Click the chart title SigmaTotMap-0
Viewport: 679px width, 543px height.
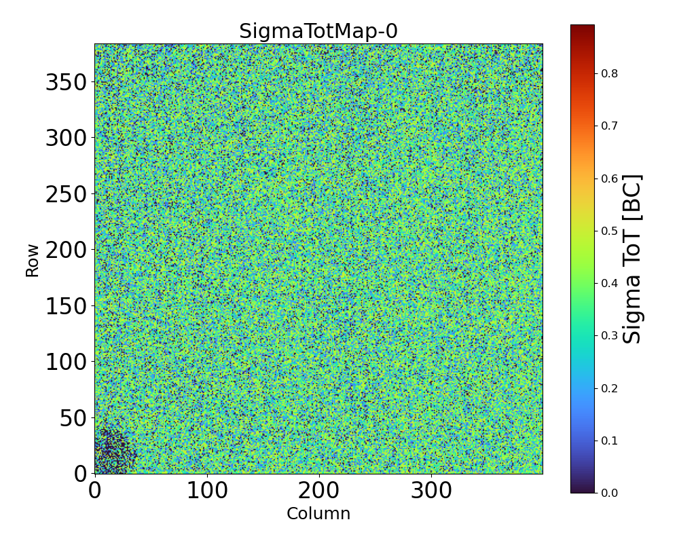[x=318, y=32]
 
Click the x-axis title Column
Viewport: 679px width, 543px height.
[x=318, y=514]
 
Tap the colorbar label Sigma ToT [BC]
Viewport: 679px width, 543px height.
[x=633, y=259]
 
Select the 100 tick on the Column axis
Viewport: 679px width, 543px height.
[x=207, y=490]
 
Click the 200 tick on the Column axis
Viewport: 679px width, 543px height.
[x=319, y=490]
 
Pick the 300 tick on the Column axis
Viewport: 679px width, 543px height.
[x=431, y=490]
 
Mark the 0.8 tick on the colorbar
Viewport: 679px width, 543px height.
[x=609, y=73]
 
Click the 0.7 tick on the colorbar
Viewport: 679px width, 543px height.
[x=609, y=126]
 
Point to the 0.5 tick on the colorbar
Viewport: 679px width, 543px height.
[x=609, y=231]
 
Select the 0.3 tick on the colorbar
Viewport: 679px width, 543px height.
[x=609, y=335]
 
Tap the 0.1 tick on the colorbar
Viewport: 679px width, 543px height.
[x=609, y=441]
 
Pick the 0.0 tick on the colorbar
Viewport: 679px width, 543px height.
[x=609, y=493]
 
